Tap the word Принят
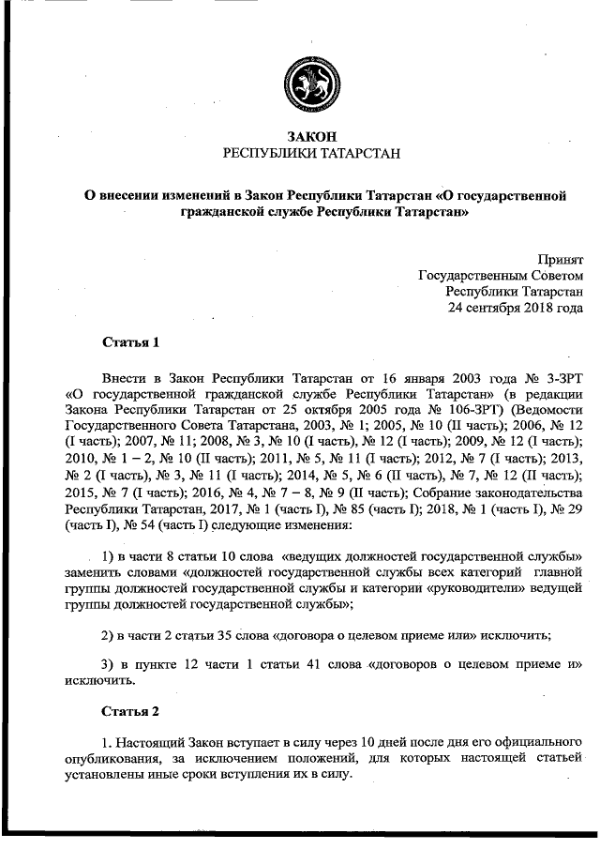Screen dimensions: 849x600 click(560, 256)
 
